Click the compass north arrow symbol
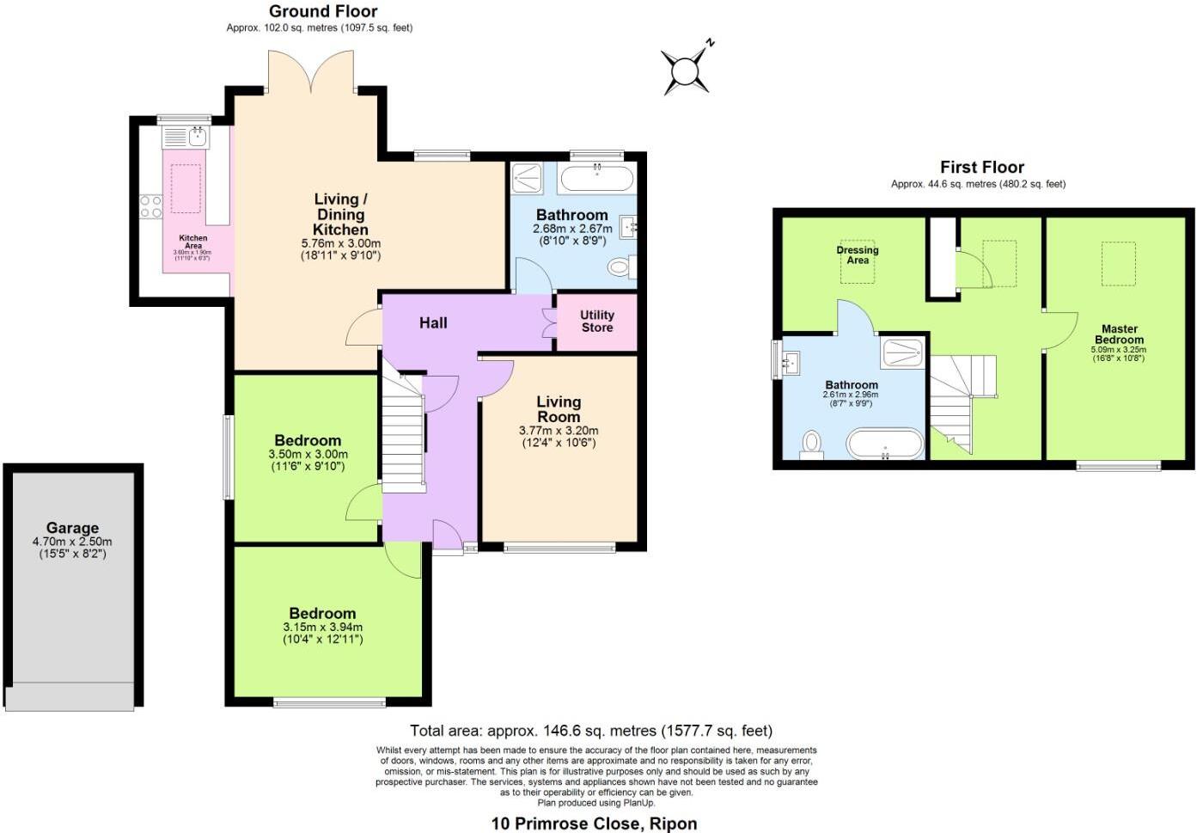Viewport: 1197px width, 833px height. click(x=686, y=70)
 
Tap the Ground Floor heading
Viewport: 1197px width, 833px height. click(x=323, y=11)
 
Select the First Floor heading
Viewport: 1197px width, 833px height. click(x=981, y=167)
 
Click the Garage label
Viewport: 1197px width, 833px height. click(x=72, y=528)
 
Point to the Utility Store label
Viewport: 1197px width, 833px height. click(x=596, y=321)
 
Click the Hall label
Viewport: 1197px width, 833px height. click(x=433, y=322)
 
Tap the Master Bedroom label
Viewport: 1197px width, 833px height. click(x=1119, y=334)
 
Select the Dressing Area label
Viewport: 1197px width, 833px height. click(x=857, y=254)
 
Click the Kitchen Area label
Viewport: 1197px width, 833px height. click(x=192, y=242)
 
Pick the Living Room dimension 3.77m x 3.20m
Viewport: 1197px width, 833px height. click(x=559, y=431)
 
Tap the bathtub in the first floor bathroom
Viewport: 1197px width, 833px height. click(x=885, y=444)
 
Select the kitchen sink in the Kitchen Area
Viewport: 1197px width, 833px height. click(x=186, y=136)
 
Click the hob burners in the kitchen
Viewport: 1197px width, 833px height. click(x=151, y=206)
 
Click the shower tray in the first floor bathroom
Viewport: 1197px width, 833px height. click(x=901, y=352)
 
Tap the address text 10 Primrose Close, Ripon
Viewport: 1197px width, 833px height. click(x=594, y=823)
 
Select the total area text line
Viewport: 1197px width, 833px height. click(x=591, y=731)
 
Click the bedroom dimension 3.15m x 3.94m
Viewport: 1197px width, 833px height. click(x=322, y=628)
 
